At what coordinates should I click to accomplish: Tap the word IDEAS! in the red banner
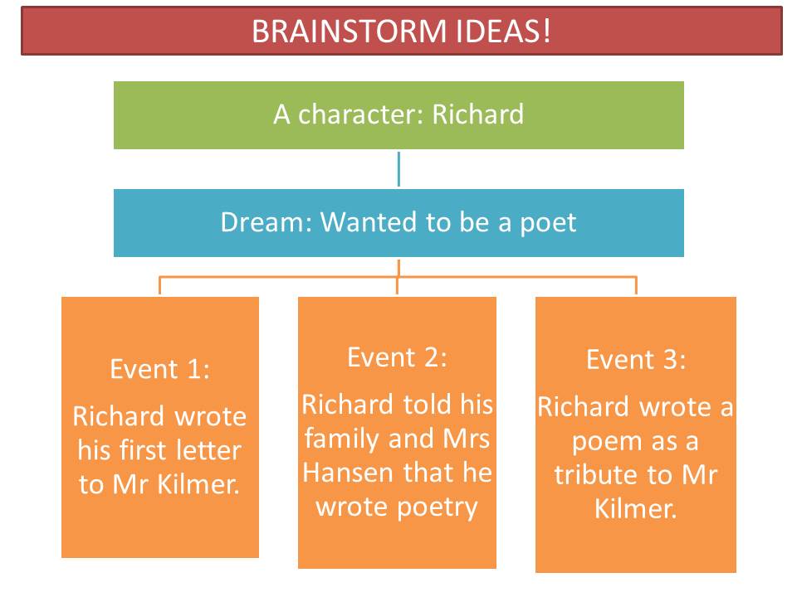[x=501, y=32]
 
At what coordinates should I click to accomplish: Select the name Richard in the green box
[x=477, y=114]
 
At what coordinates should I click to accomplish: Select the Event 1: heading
[x=160, y=369]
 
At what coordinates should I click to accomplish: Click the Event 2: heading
[x=397, y=357]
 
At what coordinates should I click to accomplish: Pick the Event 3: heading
[x=636, y=359]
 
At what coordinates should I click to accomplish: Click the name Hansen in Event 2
[x=341, y=473]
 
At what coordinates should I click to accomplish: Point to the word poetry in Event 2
[x=435, y=507]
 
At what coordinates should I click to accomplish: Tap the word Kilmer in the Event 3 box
[x=636, y=509]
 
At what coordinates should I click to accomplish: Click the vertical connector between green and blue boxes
[x=398, y=168]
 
